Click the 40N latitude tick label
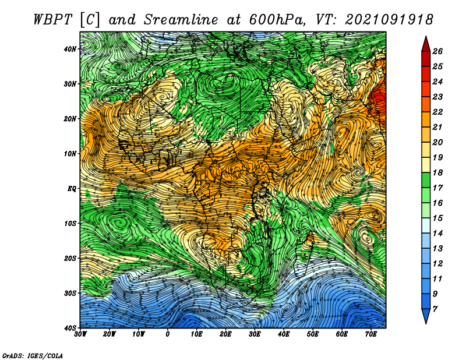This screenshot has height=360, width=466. pos(70,49)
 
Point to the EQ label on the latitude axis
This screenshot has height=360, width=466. pos(72,189)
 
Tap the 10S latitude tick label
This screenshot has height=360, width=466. pos(70,223)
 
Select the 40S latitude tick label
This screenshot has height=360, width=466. pos(70,327)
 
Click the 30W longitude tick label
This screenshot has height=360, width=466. pos(80,334)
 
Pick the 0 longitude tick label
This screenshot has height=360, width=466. pos(168,334)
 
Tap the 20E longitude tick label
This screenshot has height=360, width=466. pos(225,334)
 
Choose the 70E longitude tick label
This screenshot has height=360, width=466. pos(371,334)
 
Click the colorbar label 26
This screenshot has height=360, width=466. pos(437,51)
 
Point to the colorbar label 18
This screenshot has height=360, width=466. pos(437,172)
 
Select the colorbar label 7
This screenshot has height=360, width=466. pos(435,309)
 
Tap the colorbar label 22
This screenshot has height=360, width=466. pos(437,112)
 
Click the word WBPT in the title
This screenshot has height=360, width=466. pos(52,20)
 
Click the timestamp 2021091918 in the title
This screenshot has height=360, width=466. pos(389,20)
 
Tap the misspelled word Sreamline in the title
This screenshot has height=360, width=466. pos(181,20)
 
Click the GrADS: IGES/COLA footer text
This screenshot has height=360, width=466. pos(33,355)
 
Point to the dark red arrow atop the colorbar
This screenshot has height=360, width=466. pos(426,45)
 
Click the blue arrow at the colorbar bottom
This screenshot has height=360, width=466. pos(426,316)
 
